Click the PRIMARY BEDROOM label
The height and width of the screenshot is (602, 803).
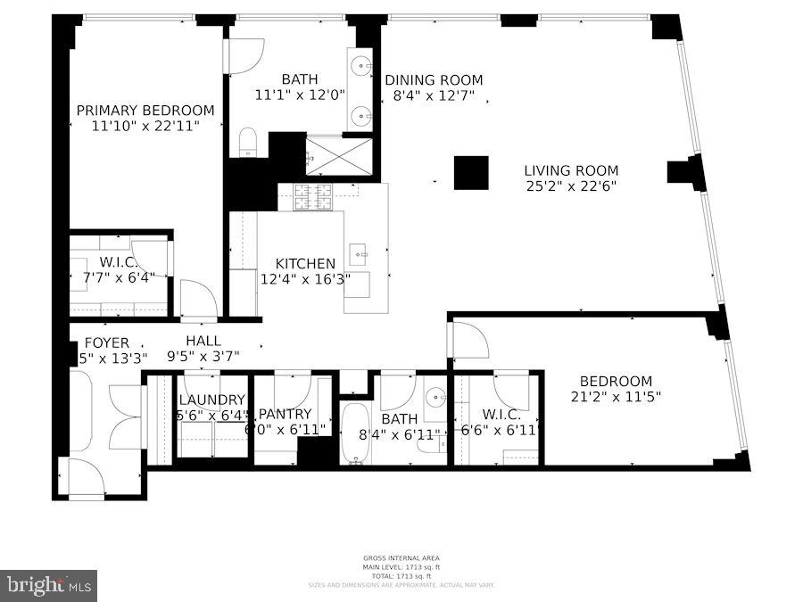[145, 111]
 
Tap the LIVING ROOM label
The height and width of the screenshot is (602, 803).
[571, 170]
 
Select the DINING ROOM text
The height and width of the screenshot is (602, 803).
[434, 79]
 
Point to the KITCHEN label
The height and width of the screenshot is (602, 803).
[305, 263]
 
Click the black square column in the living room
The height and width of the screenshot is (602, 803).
[471, 173]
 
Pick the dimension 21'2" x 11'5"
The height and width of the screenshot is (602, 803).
[616, 397]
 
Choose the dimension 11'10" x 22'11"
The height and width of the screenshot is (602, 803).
[145, 127]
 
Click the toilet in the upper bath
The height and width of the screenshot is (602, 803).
[248, 142]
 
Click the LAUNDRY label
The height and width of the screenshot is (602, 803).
[211, 400]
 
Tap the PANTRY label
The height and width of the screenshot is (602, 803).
[285, 414]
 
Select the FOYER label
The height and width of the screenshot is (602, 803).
[106, 342]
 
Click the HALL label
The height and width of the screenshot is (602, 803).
[203, 341]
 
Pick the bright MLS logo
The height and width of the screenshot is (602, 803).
[48, 586]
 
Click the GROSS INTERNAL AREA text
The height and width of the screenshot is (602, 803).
[400, 558]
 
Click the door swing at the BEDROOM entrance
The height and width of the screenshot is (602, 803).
[468, 339]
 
